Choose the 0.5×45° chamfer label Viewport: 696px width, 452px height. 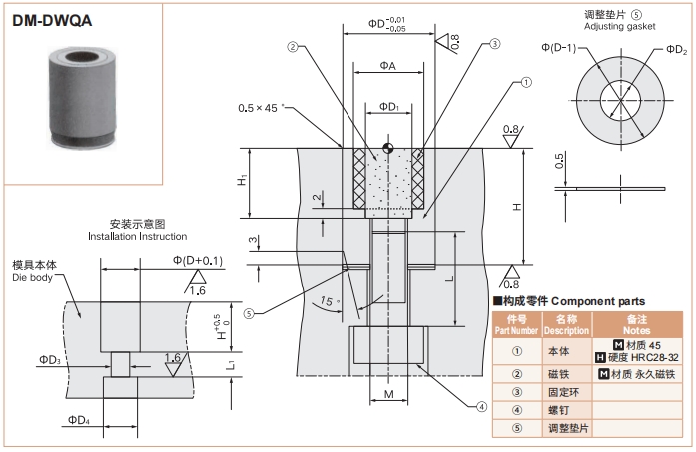coord(262,108)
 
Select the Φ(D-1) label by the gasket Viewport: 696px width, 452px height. coord(561,47)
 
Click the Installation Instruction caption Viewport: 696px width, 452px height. coord(137,236)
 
